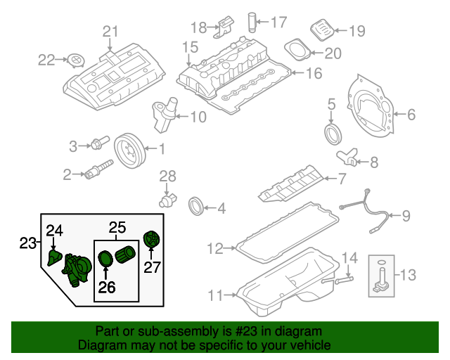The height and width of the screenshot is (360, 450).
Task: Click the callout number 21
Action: pos(111,31)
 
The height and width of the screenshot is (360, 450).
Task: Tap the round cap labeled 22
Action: pos(77,60)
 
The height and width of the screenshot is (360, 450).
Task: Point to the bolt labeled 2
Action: pos(98,169)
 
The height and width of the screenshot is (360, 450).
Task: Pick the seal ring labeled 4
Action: pos(198,207)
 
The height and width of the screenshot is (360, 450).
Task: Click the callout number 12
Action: pos(215,248)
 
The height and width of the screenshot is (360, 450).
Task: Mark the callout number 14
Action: pos(350,258)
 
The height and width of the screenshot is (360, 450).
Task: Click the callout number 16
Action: pos(313,72)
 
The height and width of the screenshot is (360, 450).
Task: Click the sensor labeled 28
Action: pos(169,198)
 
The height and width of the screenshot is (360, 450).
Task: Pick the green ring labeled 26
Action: pos(105,261)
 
